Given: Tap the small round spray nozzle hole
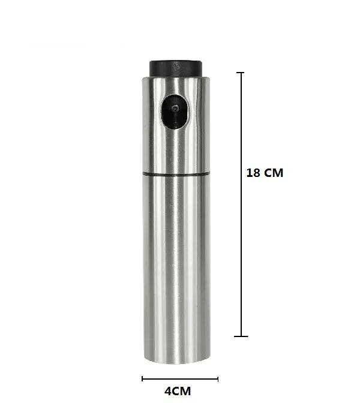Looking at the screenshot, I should point(175,110).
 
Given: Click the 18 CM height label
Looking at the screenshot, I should point(265,173).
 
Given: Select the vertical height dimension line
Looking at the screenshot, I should point(242,204).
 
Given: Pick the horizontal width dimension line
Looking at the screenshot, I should point(180,378).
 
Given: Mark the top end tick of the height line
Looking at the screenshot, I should point(242,73).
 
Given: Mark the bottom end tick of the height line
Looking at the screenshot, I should point(242,336).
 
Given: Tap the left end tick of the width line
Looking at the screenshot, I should point(142,378).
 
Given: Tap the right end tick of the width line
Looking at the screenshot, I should point(218,378).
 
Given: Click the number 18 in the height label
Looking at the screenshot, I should point(253,173).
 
